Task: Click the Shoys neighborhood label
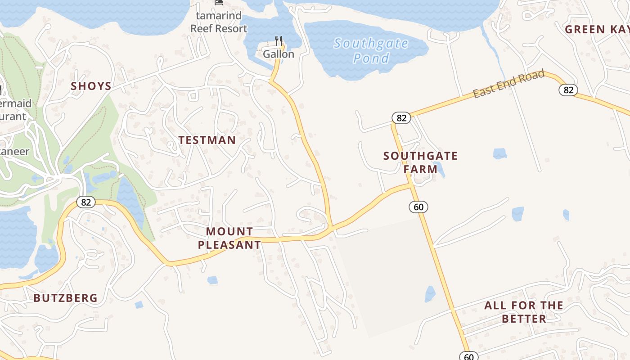pos(91,86)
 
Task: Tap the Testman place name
pos(207,140)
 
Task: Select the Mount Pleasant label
pos(229,238)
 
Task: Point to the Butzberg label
pos(66,298)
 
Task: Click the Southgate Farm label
pos(420,162)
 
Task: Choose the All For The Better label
pos(524,312)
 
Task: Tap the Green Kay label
pos(597,30)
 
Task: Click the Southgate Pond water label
pos(371,51)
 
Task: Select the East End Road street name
pos(508,84)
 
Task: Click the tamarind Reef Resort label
pos(219,22)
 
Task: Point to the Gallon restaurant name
pos(279,54)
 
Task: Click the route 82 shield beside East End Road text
pos(568,90)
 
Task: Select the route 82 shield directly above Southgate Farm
pos(401,118)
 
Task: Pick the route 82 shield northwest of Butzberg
pos(85,202)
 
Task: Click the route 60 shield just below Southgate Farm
pos(418,207)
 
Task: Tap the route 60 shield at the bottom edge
pos(469,356)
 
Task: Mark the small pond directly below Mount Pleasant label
pos(212,280)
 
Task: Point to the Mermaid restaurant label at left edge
pos(13,109)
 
